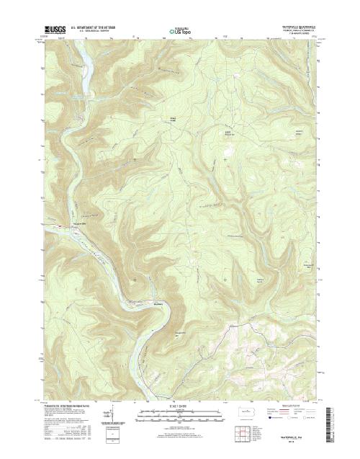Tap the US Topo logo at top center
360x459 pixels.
179,31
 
